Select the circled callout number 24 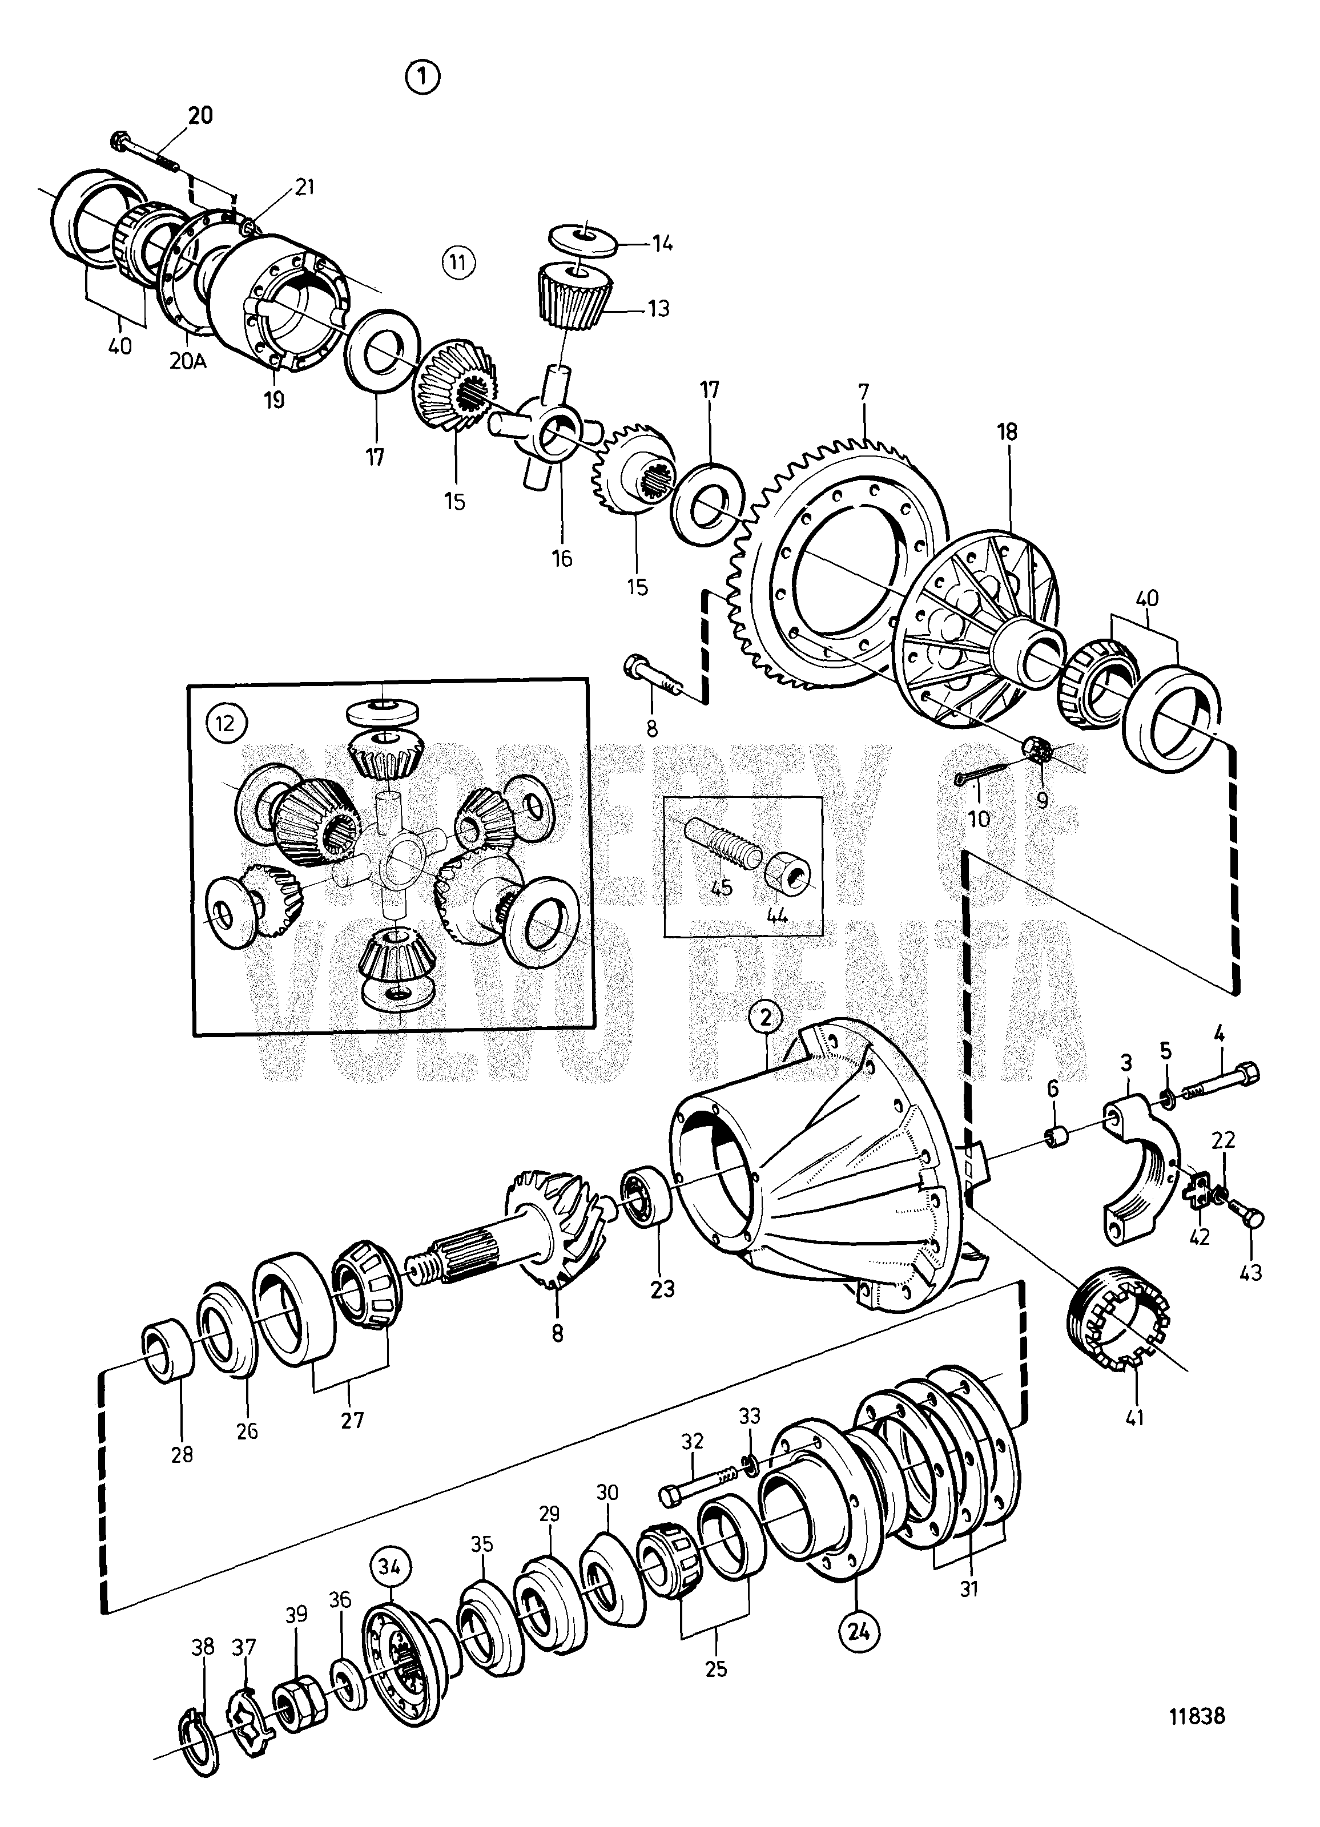coord(859,1631)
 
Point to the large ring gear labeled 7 coord(838,564)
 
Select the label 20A coord(188,362)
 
